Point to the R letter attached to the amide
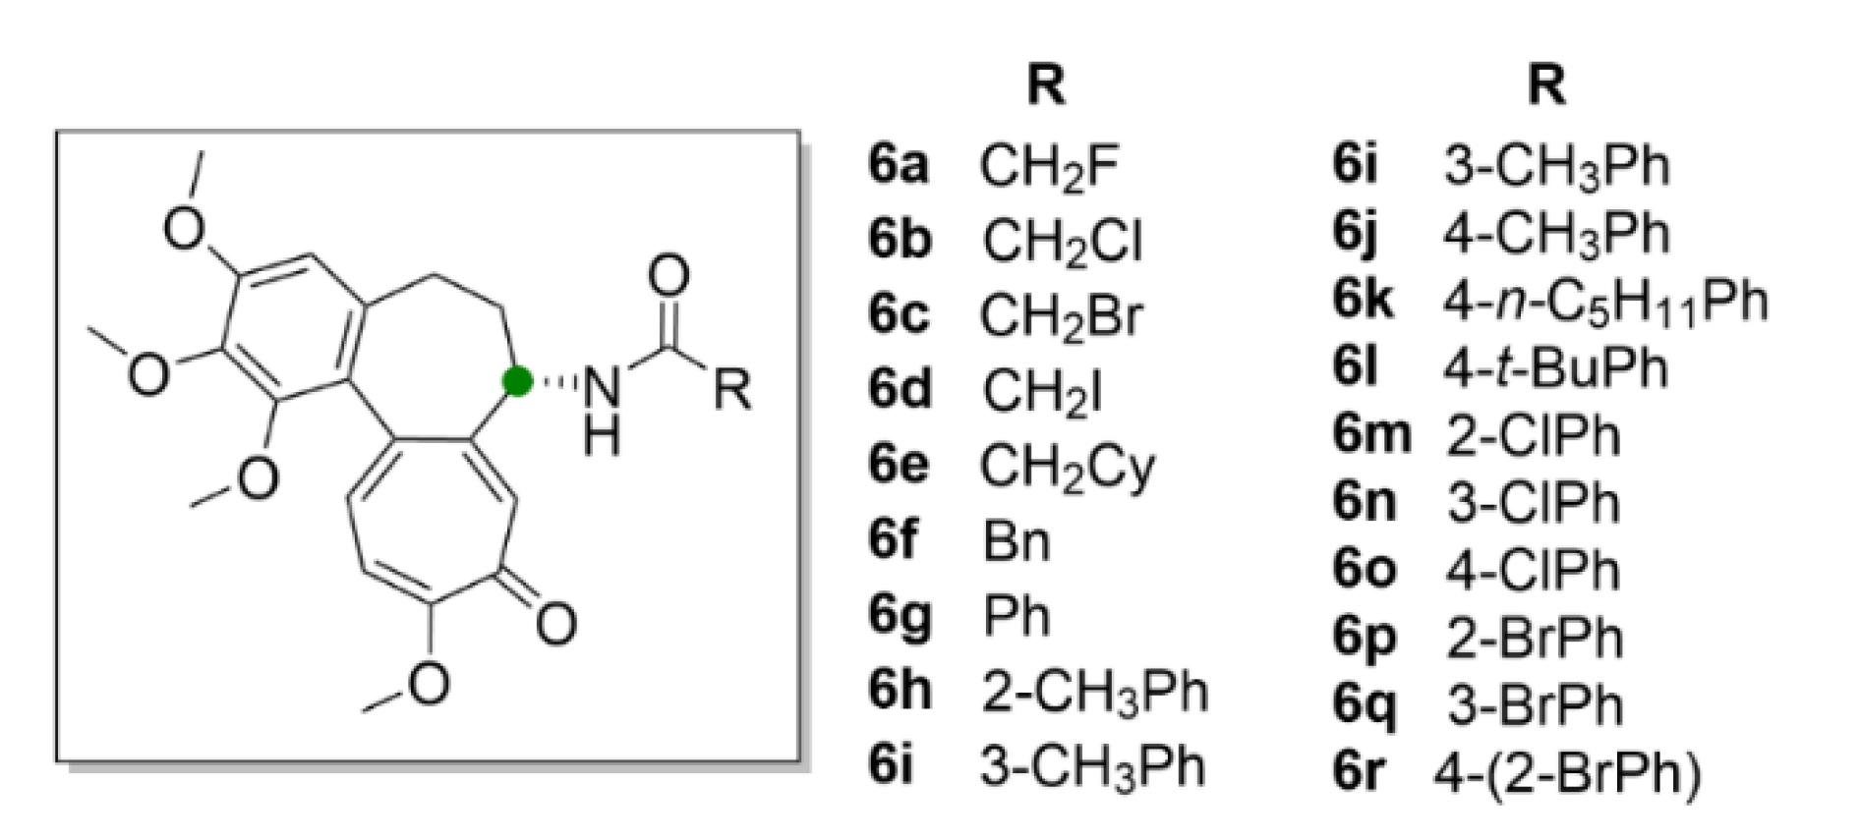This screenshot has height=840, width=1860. click(x=732, y=390)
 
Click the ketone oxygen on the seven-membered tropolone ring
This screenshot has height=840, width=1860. click(x=555, y=623)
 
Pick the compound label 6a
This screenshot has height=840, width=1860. click(x=898, y=165)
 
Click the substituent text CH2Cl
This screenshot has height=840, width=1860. click(x=1063, y=241)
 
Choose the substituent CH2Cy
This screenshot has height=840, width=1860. click(x=1068, y=467)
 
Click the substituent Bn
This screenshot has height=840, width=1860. click(x=1017, y=541)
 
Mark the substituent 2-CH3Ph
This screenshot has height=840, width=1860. click(x=1094, y=692)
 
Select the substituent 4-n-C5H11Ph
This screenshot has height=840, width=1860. click(x=1605, y=301)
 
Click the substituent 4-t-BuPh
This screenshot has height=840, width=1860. click(x=1556, y=367)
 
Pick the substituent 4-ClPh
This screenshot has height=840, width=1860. click(x=1532, y=570)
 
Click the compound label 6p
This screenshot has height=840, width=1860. click(x=1365, y=639)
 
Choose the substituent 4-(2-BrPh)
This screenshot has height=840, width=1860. click(x=1566, y=773)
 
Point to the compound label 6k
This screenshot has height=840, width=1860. click(x=1363, y=301)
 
